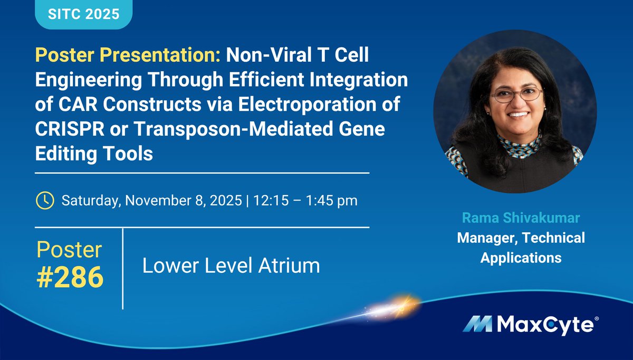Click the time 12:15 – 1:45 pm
coord(306,201)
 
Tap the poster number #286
coord(70,277)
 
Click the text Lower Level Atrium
coord(231,266)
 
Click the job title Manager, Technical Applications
coord(521,248)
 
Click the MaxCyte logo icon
coord(477,324)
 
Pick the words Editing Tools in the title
coord(94,154)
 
